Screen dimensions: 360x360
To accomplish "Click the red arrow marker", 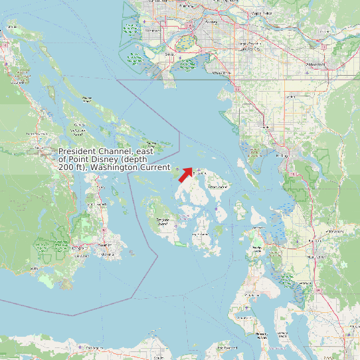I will click(185, 174).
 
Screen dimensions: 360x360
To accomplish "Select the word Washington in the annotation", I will click(114, 167).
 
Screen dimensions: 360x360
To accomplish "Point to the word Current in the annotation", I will click(154, 167).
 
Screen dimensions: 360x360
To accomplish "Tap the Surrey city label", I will click(213, 22).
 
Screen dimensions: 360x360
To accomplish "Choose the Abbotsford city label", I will click(315, 64).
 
